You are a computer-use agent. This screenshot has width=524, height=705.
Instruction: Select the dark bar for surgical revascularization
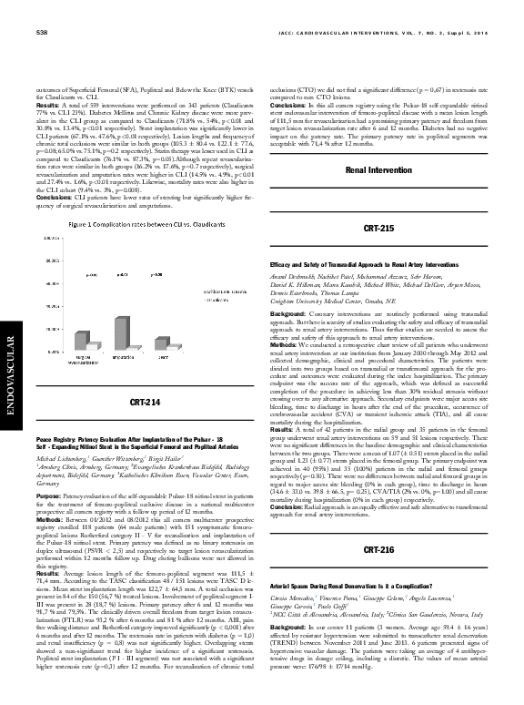(x=80, y=341)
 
